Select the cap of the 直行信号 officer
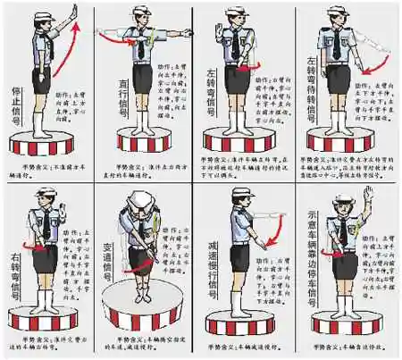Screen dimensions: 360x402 pyautogui.click(x=144, y=11)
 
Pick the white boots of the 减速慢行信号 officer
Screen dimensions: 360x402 pyautogui.click(x=240, y=295)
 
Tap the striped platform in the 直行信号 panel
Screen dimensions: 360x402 pyautogui.click(x=144, y=143)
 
